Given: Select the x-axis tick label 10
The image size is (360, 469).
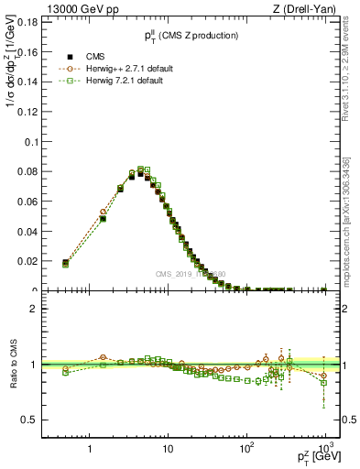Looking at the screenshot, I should click(x=168, y=450).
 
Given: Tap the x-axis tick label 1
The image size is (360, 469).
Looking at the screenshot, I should click(x=90, y=450).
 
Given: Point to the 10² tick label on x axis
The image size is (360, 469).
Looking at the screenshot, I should click(x=246, y=449).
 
